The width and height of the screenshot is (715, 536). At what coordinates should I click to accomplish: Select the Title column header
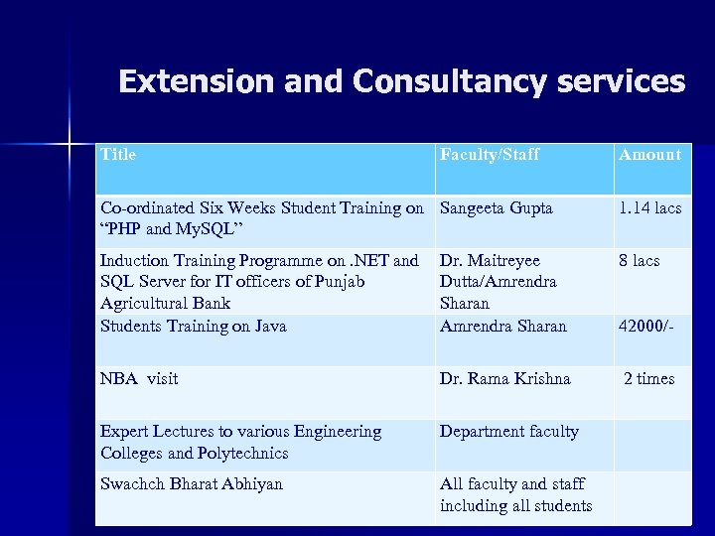[x=118, y=154]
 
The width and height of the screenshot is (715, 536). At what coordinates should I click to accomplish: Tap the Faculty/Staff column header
[x=490, y=154]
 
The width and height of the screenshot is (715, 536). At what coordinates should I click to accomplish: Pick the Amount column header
[x=649, y=154]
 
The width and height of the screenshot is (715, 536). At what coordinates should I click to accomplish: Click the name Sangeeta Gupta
[x=496, y=208]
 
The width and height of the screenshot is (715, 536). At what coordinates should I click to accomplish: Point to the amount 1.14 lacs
[x=649, y=208]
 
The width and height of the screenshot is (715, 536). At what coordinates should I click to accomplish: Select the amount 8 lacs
[x=639, y=260]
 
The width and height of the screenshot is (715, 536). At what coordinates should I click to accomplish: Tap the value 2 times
[x=648, y=378]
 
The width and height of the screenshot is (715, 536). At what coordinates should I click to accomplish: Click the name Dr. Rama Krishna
[x=505, y=378]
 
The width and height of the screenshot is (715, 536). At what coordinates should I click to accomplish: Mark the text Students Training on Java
[x=193, y=326]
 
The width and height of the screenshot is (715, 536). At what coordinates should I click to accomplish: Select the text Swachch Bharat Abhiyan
[x=192, y=483]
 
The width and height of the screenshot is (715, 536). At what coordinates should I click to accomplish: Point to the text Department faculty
[x=509, y=431]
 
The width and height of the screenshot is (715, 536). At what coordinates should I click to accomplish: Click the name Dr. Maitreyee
[x=490, y=260]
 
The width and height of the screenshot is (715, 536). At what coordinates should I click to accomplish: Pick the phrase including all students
[x=515, y=505]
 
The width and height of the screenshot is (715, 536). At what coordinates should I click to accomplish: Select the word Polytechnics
[x=244, y=453]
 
